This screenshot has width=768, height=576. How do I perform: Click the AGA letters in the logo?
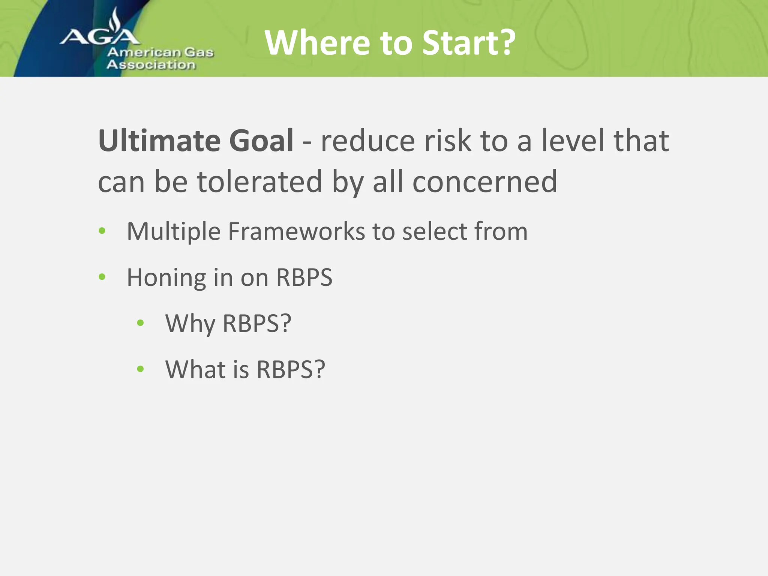(x=100, y=37)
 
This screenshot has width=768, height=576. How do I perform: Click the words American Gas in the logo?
(x=160, y=52)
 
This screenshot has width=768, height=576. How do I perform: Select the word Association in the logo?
(x=151, y=64)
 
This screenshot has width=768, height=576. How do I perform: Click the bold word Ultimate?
(x=159, y=141)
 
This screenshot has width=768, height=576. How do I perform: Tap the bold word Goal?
(x=261, y=141)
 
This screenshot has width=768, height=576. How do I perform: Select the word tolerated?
(x=259, y=181)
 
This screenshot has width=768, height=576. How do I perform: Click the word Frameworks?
(x=296, y=231)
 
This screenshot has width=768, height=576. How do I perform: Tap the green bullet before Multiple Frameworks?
(x=102, y=231)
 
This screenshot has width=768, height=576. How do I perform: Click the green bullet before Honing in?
(x=102, y=277)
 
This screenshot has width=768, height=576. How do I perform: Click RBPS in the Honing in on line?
(x=304, y=277)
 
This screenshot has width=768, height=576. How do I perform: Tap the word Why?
(x=190, y=323)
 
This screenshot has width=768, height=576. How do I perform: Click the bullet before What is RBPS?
(x=141, y=369)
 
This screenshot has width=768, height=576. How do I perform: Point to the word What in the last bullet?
(x=195, y=369)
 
